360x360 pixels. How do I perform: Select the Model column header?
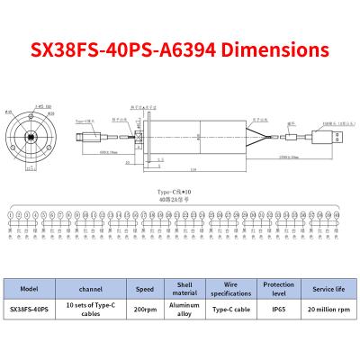click(x=29, y=290)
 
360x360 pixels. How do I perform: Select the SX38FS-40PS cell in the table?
click(x=29, y=310)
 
